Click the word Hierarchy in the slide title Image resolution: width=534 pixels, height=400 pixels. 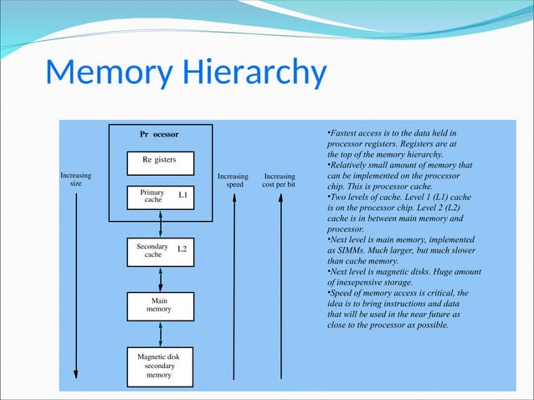pyautogui.click(x=250, y=74)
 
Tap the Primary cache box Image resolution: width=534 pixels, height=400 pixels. pyautogui.click(x=160, y=197)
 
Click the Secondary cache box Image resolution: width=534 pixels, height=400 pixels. pyautogui.click(x=160, y=250)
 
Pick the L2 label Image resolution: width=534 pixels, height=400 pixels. pyautogui.click(x=182, y=249)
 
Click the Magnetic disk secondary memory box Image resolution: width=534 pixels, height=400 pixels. pyautogui.click(x=160, y=366)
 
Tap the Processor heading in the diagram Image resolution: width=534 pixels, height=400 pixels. pyautogui.click(x=159, y=134)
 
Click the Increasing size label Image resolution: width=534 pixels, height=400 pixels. pyautogui.click(x=76, y=181)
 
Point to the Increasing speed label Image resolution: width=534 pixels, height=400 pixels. pyautogui.click(x=233, y=181)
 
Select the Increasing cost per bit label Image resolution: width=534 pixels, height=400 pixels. pyautogui.click(x=279, y=181)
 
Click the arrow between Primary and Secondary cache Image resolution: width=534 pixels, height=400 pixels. pyautogui.click(x=160, y=223)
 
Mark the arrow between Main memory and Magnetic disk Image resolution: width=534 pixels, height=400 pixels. pyautogui.click(x=160, y=333)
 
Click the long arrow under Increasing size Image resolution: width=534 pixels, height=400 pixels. pyautogui.click(x=76, y=285)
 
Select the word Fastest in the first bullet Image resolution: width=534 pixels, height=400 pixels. pyautogui.click(x=344, y=134)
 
